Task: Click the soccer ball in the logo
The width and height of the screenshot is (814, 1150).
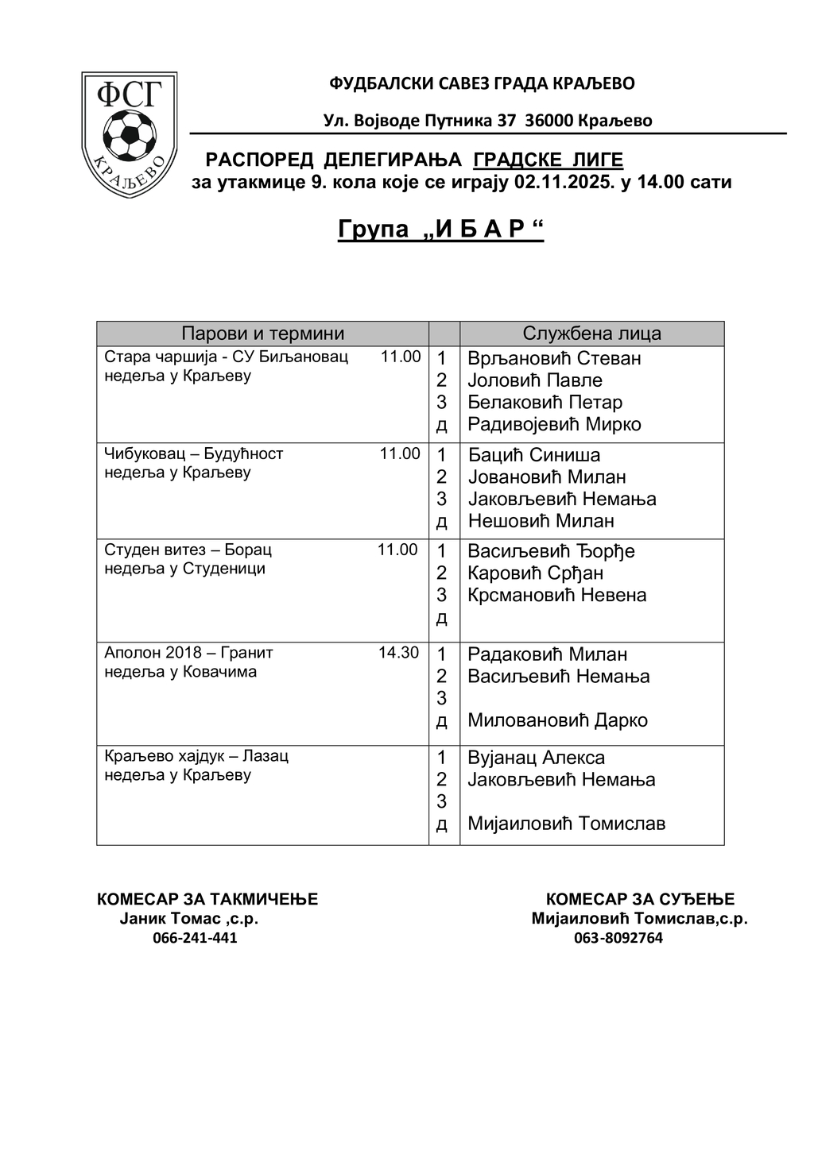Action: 130,133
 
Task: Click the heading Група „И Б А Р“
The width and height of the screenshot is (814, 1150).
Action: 440,229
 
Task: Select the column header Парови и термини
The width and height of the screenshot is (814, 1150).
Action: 262,334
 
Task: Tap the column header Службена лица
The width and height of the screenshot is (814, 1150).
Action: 591,334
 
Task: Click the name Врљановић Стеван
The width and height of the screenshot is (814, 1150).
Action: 554,358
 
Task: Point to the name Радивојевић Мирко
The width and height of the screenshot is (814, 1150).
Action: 554,424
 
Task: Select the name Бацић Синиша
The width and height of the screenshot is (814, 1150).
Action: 533,455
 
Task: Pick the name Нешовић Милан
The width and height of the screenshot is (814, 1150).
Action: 541,521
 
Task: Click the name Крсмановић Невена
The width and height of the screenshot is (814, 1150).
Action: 556,595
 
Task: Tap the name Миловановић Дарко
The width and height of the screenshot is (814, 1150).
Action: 557,720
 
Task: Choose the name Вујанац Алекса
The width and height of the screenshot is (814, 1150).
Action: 536,758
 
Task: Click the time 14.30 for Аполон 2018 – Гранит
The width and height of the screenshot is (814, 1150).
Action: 398,653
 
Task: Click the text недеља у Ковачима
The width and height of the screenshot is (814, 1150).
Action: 180,672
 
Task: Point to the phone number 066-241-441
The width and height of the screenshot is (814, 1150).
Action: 195,938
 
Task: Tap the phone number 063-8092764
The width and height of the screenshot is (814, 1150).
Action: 618,938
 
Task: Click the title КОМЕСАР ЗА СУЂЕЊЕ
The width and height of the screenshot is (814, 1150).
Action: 640,899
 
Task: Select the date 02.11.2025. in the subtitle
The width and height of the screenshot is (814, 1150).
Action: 564,182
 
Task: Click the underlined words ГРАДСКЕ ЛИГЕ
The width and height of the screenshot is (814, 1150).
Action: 548,160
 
